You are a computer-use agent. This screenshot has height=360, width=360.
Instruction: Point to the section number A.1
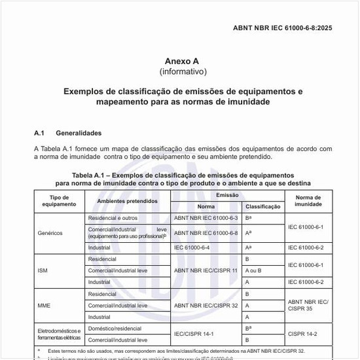pos(39,133)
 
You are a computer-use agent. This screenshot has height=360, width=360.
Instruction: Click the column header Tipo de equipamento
pos(60,201)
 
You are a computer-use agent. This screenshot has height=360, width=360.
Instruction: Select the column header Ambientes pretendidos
pos(128,201)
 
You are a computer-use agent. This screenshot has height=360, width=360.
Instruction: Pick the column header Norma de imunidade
pos(308,201)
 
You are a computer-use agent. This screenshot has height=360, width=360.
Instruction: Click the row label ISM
pos(44,270)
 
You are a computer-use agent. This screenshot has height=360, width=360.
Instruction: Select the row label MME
pos(45,305)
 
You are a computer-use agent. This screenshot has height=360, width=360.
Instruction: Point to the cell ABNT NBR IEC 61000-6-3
pos(206,217)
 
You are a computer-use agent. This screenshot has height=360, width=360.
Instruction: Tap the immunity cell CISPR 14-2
pos(303,334)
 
